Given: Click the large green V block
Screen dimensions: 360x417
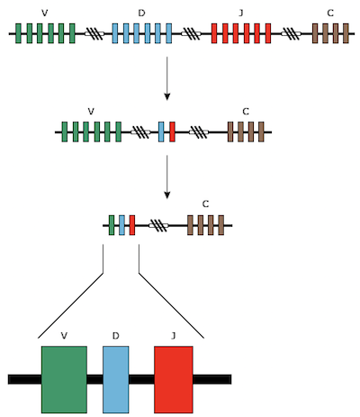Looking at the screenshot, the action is point(64,379).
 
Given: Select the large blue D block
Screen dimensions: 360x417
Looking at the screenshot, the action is point(116,379).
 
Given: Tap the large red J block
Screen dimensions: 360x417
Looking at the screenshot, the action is point(174,379).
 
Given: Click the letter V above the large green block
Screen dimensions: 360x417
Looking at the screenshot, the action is point(64,336).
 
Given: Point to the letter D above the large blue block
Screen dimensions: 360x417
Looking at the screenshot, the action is point(116,336).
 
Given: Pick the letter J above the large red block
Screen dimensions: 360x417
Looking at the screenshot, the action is point(173,336).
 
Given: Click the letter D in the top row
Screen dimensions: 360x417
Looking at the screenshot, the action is point(141,13).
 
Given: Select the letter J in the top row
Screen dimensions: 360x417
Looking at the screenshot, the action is point(241,13).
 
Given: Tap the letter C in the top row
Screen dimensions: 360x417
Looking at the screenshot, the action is point(330,13).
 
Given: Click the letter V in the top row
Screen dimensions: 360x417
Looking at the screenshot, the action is point(45,13).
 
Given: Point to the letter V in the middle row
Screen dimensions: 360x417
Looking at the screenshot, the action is point(91,112).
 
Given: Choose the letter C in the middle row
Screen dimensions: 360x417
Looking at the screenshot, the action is point(246,112).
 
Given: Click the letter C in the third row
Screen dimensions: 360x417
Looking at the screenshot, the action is point(205,204).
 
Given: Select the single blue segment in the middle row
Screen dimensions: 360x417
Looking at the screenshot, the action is point(161,131).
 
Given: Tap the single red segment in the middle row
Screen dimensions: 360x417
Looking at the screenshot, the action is point(172,131).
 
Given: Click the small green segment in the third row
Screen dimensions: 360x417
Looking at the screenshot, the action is point(112,225).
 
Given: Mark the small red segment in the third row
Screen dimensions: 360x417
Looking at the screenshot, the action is point(132,225).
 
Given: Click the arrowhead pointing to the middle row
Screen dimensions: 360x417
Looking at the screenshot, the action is point(167,96).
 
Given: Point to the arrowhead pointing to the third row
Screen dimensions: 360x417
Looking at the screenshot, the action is point(167,195).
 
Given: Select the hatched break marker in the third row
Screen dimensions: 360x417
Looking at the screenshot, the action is point(158,225).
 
